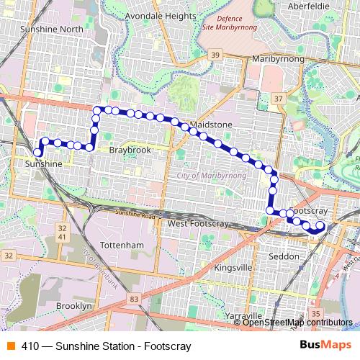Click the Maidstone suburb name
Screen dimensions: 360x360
pyautogui.click(x=210, y=125)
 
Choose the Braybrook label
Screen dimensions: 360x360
pyautogui.click(x=130, y=150)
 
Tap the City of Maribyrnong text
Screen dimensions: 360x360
pyautogui.click(x=211, y=175)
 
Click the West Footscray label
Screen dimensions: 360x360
pyautogui.click(x=197, y=225)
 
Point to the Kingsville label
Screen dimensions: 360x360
pyautogui.click(x=234, y=268)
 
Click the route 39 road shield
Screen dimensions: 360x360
pyautogui.click(x=215, y=55)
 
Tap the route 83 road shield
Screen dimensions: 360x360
pyautogui.click(x=134, y=299)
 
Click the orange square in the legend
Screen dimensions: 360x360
pyautogui.click(x=10, y=346)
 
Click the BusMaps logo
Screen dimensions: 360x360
pyautogui.click(x=325, y=346)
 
